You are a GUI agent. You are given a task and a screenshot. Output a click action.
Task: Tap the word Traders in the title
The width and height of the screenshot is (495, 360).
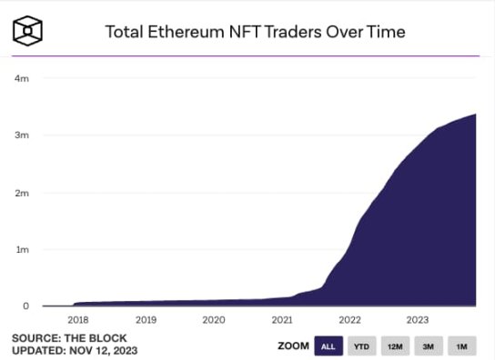pos(305,32)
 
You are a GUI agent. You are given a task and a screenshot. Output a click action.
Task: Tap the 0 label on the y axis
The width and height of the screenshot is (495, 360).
pos(25,306)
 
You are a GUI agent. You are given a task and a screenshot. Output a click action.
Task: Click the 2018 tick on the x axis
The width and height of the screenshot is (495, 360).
pos(78,320)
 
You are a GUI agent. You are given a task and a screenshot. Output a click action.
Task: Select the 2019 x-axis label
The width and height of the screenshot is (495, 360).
pos(146,320)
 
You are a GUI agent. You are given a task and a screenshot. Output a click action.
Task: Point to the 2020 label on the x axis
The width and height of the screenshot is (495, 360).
pos(214,320)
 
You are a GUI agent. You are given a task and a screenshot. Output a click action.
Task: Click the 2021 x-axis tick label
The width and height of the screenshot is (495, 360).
pos(282,320)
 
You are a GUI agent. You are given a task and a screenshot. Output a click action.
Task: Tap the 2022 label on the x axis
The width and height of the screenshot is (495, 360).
pos(349,320)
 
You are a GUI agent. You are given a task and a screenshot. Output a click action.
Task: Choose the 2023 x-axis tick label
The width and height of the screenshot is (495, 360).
pos(417,320)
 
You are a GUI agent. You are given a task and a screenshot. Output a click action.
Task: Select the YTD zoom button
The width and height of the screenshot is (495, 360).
pos(360,345)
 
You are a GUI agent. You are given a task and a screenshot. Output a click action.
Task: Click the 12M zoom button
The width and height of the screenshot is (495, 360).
pos(394,345)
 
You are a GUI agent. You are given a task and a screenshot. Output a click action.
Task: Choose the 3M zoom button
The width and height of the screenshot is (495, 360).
pos(428,345)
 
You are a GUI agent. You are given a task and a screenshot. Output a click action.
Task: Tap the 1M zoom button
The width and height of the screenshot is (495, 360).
pos(461,345)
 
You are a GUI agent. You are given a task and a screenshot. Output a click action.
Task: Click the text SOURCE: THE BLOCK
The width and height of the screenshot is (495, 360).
pos(61,338)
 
